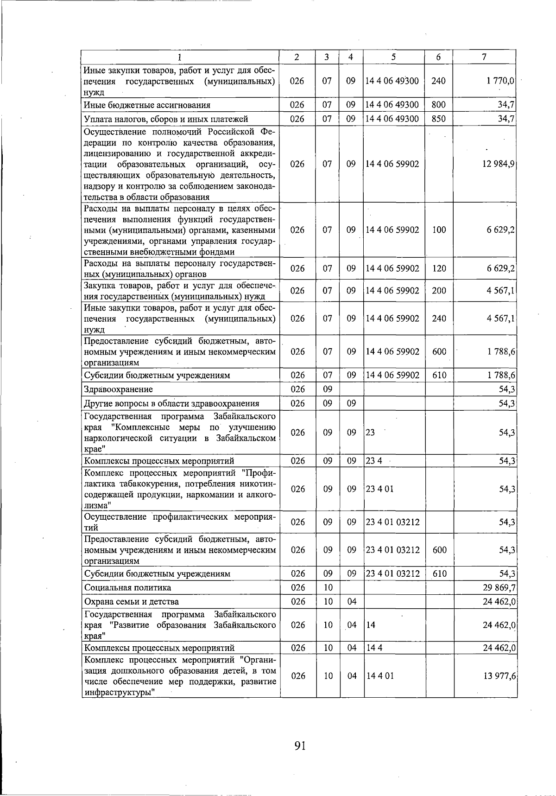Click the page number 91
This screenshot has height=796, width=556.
tap(300, 745)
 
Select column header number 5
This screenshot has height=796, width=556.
tap(393, 57)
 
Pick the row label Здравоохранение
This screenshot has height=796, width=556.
tap(119, 389)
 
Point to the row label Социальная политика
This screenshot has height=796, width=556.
tap(128, 587)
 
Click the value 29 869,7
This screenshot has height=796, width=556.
tap(499, 587)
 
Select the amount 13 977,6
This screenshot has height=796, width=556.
tap(499, 675)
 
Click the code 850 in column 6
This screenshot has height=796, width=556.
tap(438, 119)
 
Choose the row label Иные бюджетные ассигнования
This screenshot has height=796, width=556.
tap(147, 105)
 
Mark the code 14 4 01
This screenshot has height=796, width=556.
tap(379, 675)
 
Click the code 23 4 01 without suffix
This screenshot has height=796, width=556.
tap(379, 489)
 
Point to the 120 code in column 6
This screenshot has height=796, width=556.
tap(439, 268)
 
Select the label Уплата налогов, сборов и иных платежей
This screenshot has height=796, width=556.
tap(166, 119)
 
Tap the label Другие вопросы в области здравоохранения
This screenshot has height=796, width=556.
tap(171, 403)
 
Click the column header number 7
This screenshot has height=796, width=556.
tap(484, 57)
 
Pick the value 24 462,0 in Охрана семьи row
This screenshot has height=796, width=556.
tap(499, 602)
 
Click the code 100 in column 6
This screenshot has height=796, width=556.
tap(439, 229)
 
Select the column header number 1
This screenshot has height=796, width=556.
tap(179, 57)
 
